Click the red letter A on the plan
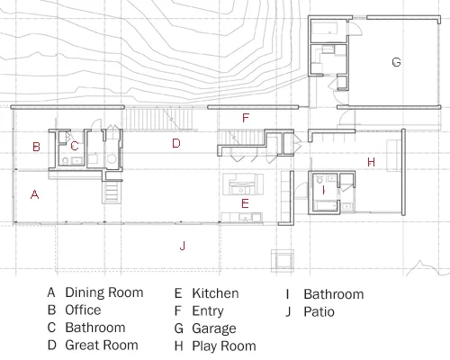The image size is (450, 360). click(x=35, y=194)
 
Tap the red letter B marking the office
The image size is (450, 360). click(x=36, y=147)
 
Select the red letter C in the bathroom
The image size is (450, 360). click(x=75, y=146)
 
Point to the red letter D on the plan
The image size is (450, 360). click(x=176, y=143)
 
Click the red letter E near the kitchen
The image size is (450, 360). click(x=245, y=203)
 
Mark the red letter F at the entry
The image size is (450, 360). click(x=246, y=118)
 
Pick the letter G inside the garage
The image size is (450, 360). click(x=396, y=62)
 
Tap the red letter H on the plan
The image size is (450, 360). click(x=371, y=162)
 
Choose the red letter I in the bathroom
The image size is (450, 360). click(x=323, y=190)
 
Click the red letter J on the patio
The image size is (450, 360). click(x=183, y=246)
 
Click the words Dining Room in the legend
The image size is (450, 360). click(x=104, y=292)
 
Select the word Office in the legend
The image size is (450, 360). click(x=83, y=310)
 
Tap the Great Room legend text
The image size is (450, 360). click(x=102, y=345)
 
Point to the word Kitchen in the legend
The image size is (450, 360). click(x=215, y=293)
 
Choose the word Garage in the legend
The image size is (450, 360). click(x=214, y=328)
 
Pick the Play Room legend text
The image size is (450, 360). click(x=224, y=346)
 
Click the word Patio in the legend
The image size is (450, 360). click(x=319, y=311)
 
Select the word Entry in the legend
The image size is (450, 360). click(x=208, y=311)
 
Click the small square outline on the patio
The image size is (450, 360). click(x=283, y=261)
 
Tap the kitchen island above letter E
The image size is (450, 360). click(x=243, y=184)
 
